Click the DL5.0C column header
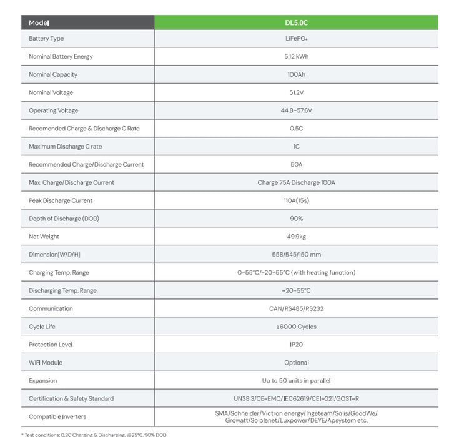(296, 22)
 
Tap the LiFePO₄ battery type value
(296, 39)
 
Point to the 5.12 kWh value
(296, 56)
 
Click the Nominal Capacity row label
(53, 74)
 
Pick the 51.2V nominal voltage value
(296, 92)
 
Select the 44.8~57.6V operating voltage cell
(296, 110)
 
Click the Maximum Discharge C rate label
(65, 147)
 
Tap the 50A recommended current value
(296, 165)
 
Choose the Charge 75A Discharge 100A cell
(296, 183)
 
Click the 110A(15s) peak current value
(296, 200)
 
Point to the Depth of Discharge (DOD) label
(64, 219)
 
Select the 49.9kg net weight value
(296, 237)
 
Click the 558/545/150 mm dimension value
(296, 255)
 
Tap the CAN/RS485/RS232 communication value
(296, 308)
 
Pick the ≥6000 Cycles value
(296, 327)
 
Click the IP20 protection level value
(296, 345)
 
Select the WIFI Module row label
(46, 363)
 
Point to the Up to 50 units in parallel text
(296, 381)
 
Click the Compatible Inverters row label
(57, 416)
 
